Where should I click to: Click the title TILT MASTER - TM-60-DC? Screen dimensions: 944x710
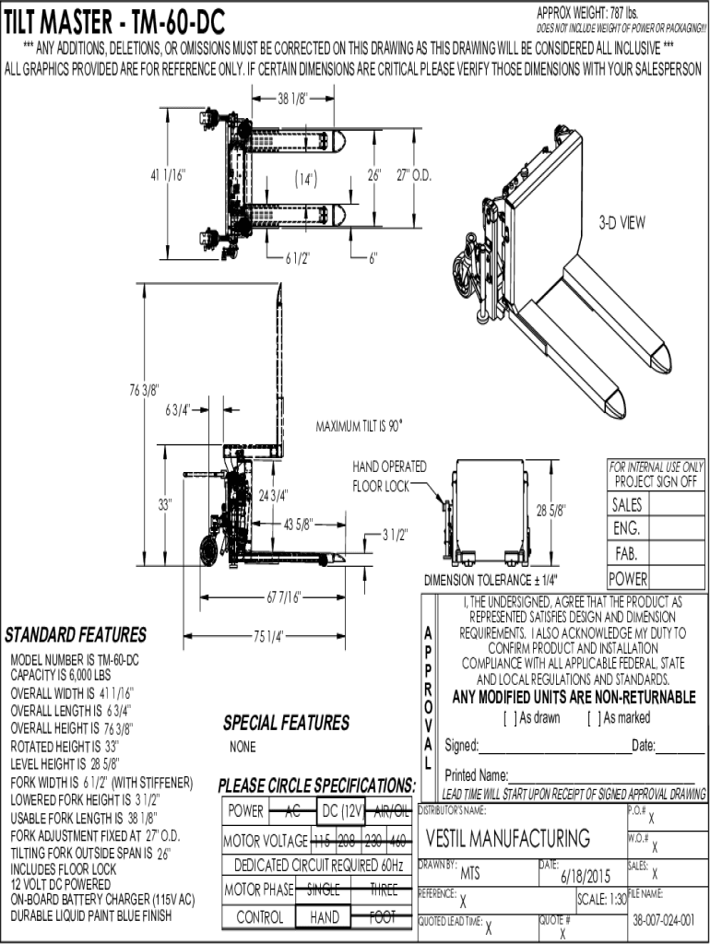click(x=114, y=21)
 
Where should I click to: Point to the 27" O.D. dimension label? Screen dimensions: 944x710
click(x=415, y=174)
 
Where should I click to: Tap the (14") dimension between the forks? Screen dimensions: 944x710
click(x=306, y=177)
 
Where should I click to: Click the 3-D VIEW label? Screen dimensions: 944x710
click(x=621, y=222)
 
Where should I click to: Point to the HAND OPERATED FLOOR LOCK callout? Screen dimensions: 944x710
click(x=389, y=476)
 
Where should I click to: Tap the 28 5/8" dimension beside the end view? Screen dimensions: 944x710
click(x=550, y=509)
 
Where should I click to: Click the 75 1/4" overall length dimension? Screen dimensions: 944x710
click(x=267, y=634)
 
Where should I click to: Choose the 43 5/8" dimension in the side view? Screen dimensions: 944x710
click(x=298, y=525)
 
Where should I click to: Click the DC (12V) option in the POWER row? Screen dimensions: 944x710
click(x=340, y=811)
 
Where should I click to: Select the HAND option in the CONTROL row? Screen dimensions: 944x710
click(x=324, y=917)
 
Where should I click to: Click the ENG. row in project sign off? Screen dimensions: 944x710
click(x=626, y=529)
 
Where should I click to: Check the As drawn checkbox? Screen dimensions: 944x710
click(x=508, y=717)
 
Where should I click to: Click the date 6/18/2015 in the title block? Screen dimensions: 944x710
click(x=586, y=874)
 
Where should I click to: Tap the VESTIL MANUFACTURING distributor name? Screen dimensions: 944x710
click(x=508, y=838)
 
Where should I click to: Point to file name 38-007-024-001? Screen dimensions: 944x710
click(x=663, y=920)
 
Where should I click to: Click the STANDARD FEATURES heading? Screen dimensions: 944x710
click(x=76, y=635)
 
